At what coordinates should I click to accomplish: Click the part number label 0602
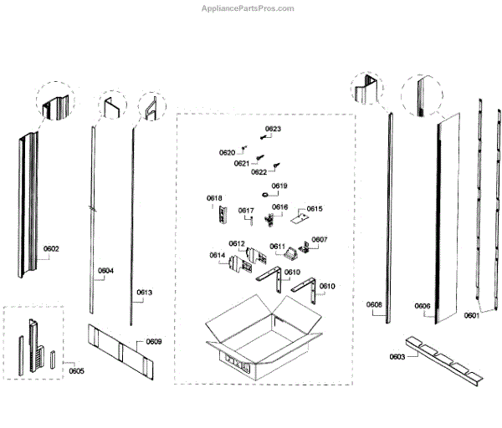(x=52, y=248)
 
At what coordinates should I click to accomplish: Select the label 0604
(x=105, y=271)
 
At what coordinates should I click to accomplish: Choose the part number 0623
(x=273, y=129)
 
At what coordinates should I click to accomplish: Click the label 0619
(x=279, y=186)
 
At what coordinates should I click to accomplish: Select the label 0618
(x=215, y=198)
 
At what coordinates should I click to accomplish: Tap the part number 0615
(x=315, y=209)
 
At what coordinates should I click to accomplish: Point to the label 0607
(x=320, y=240)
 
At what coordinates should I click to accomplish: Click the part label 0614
(x=217, y=255)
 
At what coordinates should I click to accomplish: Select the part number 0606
(x=423, y=306)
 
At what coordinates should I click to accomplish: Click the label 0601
(x=473, y=315)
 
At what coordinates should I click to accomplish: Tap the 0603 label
(x=397, y=357)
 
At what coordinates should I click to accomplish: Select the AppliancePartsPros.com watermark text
(x=248, y=8)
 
